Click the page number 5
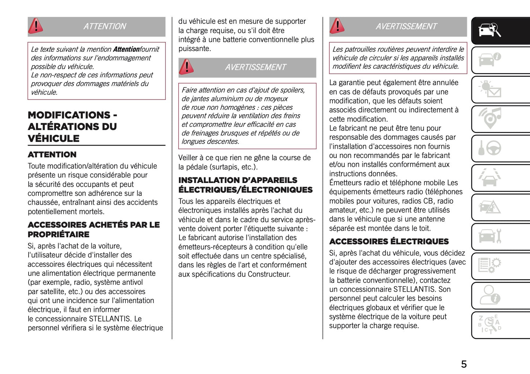pyautogui.click(x=464, y=364)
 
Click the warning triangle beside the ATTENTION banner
pyautogui.click(x=36, y=26)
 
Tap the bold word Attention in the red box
pyautogui.click(x=126, y=49)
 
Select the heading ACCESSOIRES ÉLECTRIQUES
pyautogui.click(x=389, y=241)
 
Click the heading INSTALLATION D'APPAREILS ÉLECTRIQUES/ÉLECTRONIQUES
pyautogui.click(x=245, y=185)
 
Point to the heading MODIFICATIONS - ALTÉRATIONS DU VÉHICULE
pyautogui.click(x=72, y=127)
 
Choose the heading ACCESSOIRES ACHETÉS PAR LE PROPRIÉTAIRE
pyautogui.click(x=94, y=229)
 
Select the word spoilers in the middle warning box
pyautogui.click(x=292, y=90)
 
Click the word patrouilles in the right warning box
pyautogui.click(x=363, y=49)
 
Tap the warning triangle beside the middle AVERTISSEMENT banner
pyautogui.click(x=186, y=67)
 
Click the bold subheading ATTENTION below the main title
pyautogui.click(x=52, y=155)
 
